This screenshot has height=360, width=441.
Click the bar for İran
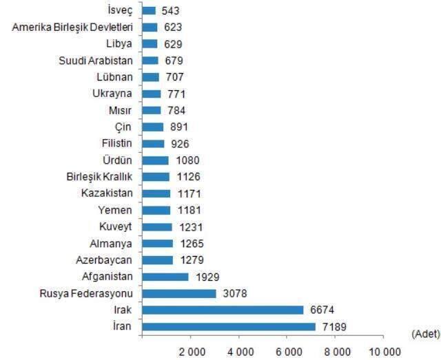[x=229, y=326]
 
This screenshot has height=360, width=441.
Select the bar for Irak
[x=223, y=310]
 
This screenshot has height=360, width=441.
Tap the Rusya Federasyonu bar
[x=179, y=293]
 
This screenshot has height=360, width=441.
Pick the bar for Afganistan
[x=165, y=276]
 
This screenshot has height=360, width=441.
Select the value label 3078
[x=234, y=293]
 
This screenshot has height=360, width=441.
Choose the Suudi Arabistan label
[x=96, y=61]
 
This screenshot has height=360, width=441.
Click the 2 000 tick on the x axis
[x=191, y=350]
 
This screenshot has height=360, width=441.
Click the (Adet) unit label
[x=425, y=333]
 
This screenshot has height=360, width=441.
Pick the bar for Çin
[x=153, y=127]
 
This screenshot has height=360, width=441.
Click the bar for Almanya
[x=157, y=243]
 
